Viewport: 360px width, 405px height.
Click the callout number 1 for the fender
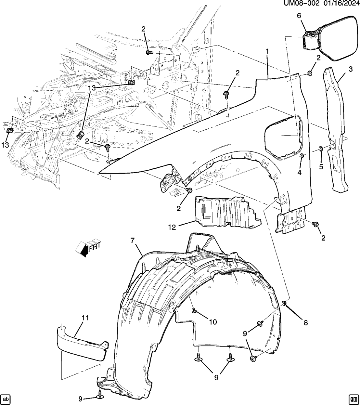pyautogui.click(x=267, y=51)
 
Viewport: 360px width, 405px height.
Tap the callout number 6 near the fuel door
pyautogui.click(x=299, y=15)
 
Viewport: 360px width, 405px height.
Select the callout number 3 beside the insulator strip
pyautogui.click(x=351, y=69)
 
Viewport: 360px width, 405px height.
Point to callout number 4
pyautogui.click(x=300, y=173)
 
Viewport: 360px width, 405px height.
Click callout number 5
pyautogui.click(x=321, y=167)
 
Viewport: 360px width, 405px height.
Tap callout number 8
pyautogui.click(x=305, y=322)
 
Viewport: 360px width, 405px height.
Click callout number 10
pyautogui.click(x=212, y=322)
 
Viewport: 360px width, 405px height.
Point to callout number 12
pyautogui.click(x=172, y=227)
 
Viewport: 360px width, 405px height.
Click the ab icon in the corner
pyautogui.click(x=6, y=398)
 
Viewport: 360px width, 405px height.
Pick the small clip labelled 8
pyautogui.click(x=284, y=304)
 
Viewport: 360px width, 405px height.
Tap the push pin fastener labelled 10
pyautogui.click(x=194, y=310)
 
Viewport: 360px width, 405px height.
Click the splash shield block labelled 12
pyautogui.click(x=227, y=213)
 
